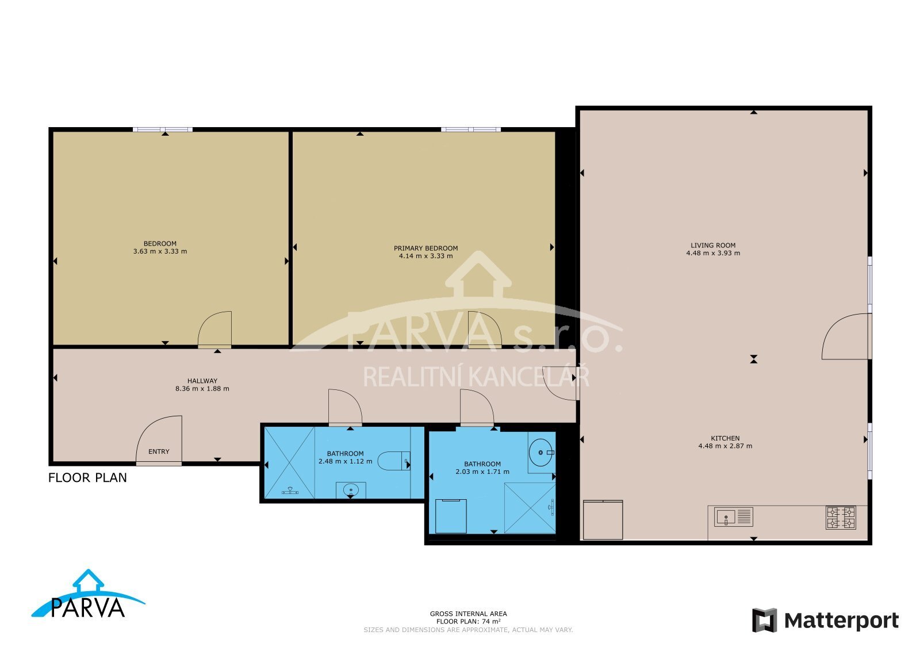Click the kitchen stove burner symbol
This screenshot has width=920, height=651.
pos(841,518)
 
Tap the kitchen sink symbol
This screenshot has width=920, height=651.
pos(733,516)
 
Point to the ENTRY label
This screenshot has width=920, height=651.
pos(159,451)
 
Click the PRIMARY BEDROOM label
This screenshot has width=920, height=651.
pos(425,248)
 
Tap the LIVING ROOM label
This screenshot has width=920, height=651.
pos(713,245)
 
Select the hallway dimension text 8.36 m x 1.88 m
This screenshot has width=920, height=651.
pos(202,389)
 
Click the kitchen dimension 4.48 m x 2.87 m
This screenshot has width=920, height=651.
pos(725,446)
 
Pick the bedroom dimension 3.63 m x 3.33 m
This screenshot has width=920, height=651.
pos(160,251)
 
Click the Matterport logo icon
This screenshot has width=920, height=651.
pos(764,620)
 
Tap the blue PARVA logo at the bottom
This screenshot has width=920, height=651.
pos(88,595)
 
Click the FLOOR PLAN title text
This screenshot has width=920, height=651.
pos(87,478)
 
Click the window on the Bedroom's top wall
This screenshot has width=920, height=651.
pos(163,129)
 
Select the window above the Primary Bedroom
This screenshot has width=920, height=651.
pos(471,129)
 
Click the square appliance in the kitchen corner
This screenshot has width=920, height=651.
pos(603,519)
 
